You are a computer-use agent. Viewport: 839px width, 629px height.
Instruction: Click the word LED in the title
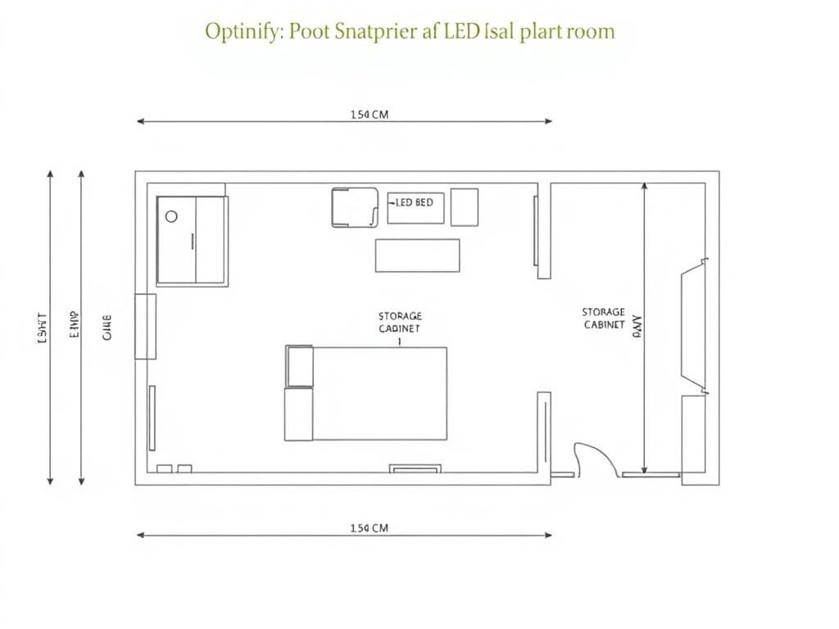point(464,32)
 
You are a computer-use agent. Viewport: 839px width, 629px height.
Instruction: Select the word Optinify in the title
point(241,33)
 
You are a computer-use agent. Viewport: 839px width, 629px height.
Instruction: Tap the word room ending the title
point(587,33)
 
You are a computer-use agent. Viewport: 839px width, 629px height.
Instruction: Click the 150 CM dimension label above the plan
point(369,115)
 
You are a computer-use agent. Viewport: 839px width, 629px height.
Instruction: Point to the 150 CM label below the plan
point(369,528)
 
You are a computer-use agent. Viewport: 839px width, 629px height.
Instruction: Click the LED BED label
point(415,202)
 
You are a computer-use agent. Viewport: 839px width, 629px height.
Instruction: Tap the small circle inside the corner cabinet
point(171,217)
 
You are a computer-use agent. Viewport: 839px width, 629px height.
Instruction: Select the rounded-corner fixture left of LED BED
point(354,207)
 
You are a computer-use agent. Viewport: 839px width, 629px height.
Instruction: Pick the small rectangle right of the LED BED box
point(465,207)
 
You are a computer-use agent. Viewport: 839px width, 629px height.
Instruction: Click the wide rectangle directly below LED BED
point(417,256)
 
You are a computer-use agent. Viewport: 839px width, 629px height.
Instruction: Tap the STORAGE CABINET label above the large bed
point(400,322)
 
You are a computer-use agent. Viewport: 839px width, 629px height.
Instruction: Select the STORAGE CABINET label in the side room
point(604,319)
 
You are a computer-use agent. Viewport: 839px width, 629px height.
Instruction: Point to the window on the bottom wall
point(415,469)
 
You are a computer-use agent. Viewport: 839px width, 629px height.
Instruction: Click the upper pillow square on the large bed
point(300,366)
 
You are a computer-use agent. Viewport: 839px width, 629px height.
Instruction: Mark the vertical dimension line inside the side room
point(646,328)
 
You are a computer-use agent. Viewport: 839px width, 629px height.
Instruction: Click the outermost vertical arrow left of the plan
point(51,328)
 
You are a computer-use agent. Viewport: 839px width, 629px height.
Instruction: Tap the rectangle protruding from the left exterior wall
point(145,326)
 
